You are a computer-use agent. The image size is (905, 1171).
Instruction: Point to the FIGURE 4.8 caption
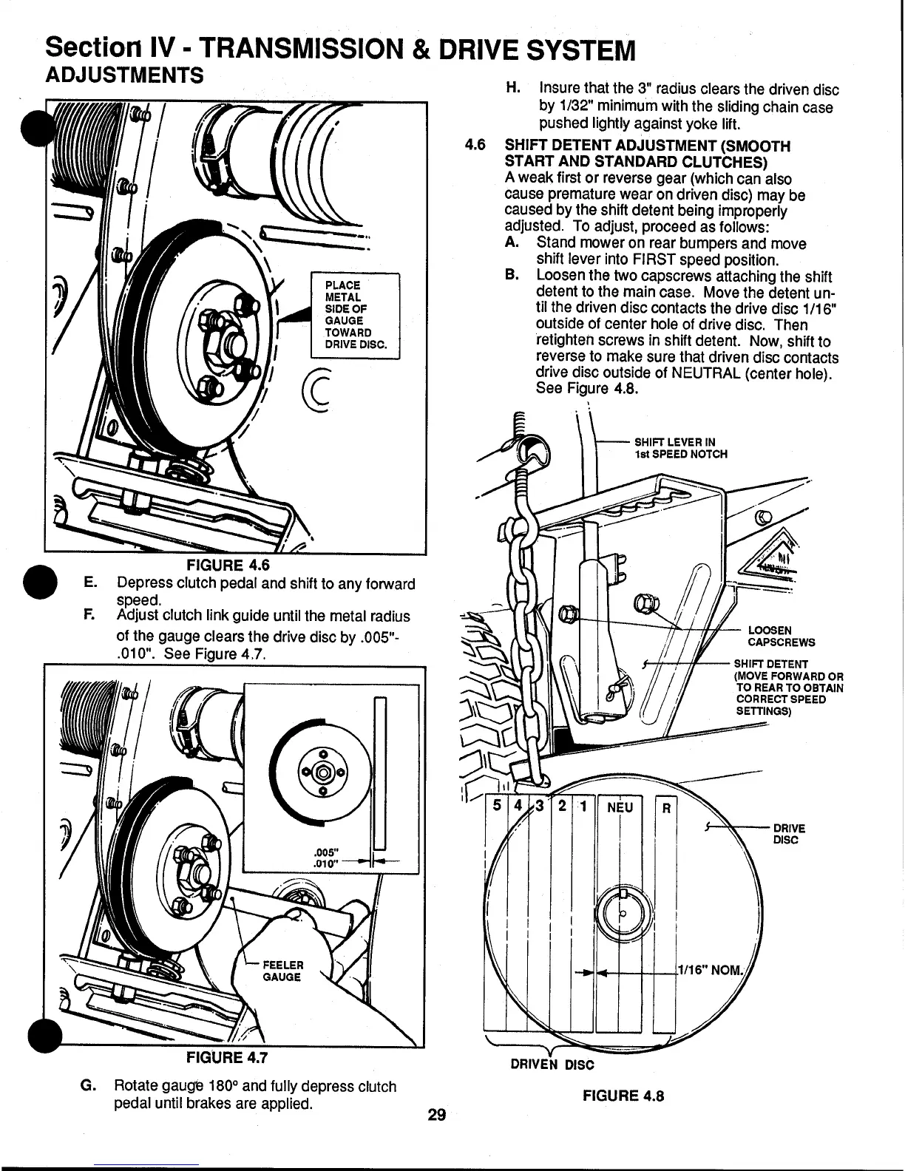point(623,1096)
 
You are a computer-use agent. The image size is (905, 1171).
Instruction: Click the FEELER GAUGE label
point(283,971)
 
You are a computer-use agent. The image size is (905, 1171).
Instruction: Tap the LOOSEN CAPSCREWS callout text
point(782,636)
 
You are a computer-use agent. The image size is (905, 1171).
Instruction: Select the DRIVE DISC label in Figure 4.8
point(789,834)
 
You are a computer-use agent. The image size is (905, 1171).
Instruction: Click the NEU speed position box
point(620,807)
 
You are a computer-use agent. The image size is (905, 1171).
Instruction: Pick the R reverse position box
point(665,808)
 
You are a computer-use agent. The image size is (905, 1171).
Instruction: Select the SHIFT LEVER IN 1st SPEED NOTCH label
point(680,448)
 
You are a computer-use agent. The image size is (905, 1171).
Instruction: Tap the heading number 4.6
point(475,146)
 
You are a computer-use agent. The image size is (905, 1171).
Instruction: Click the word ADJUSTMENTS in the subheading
point(125,75)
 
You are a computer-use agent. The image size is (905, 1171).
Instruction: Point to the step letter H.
point(511,89)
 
